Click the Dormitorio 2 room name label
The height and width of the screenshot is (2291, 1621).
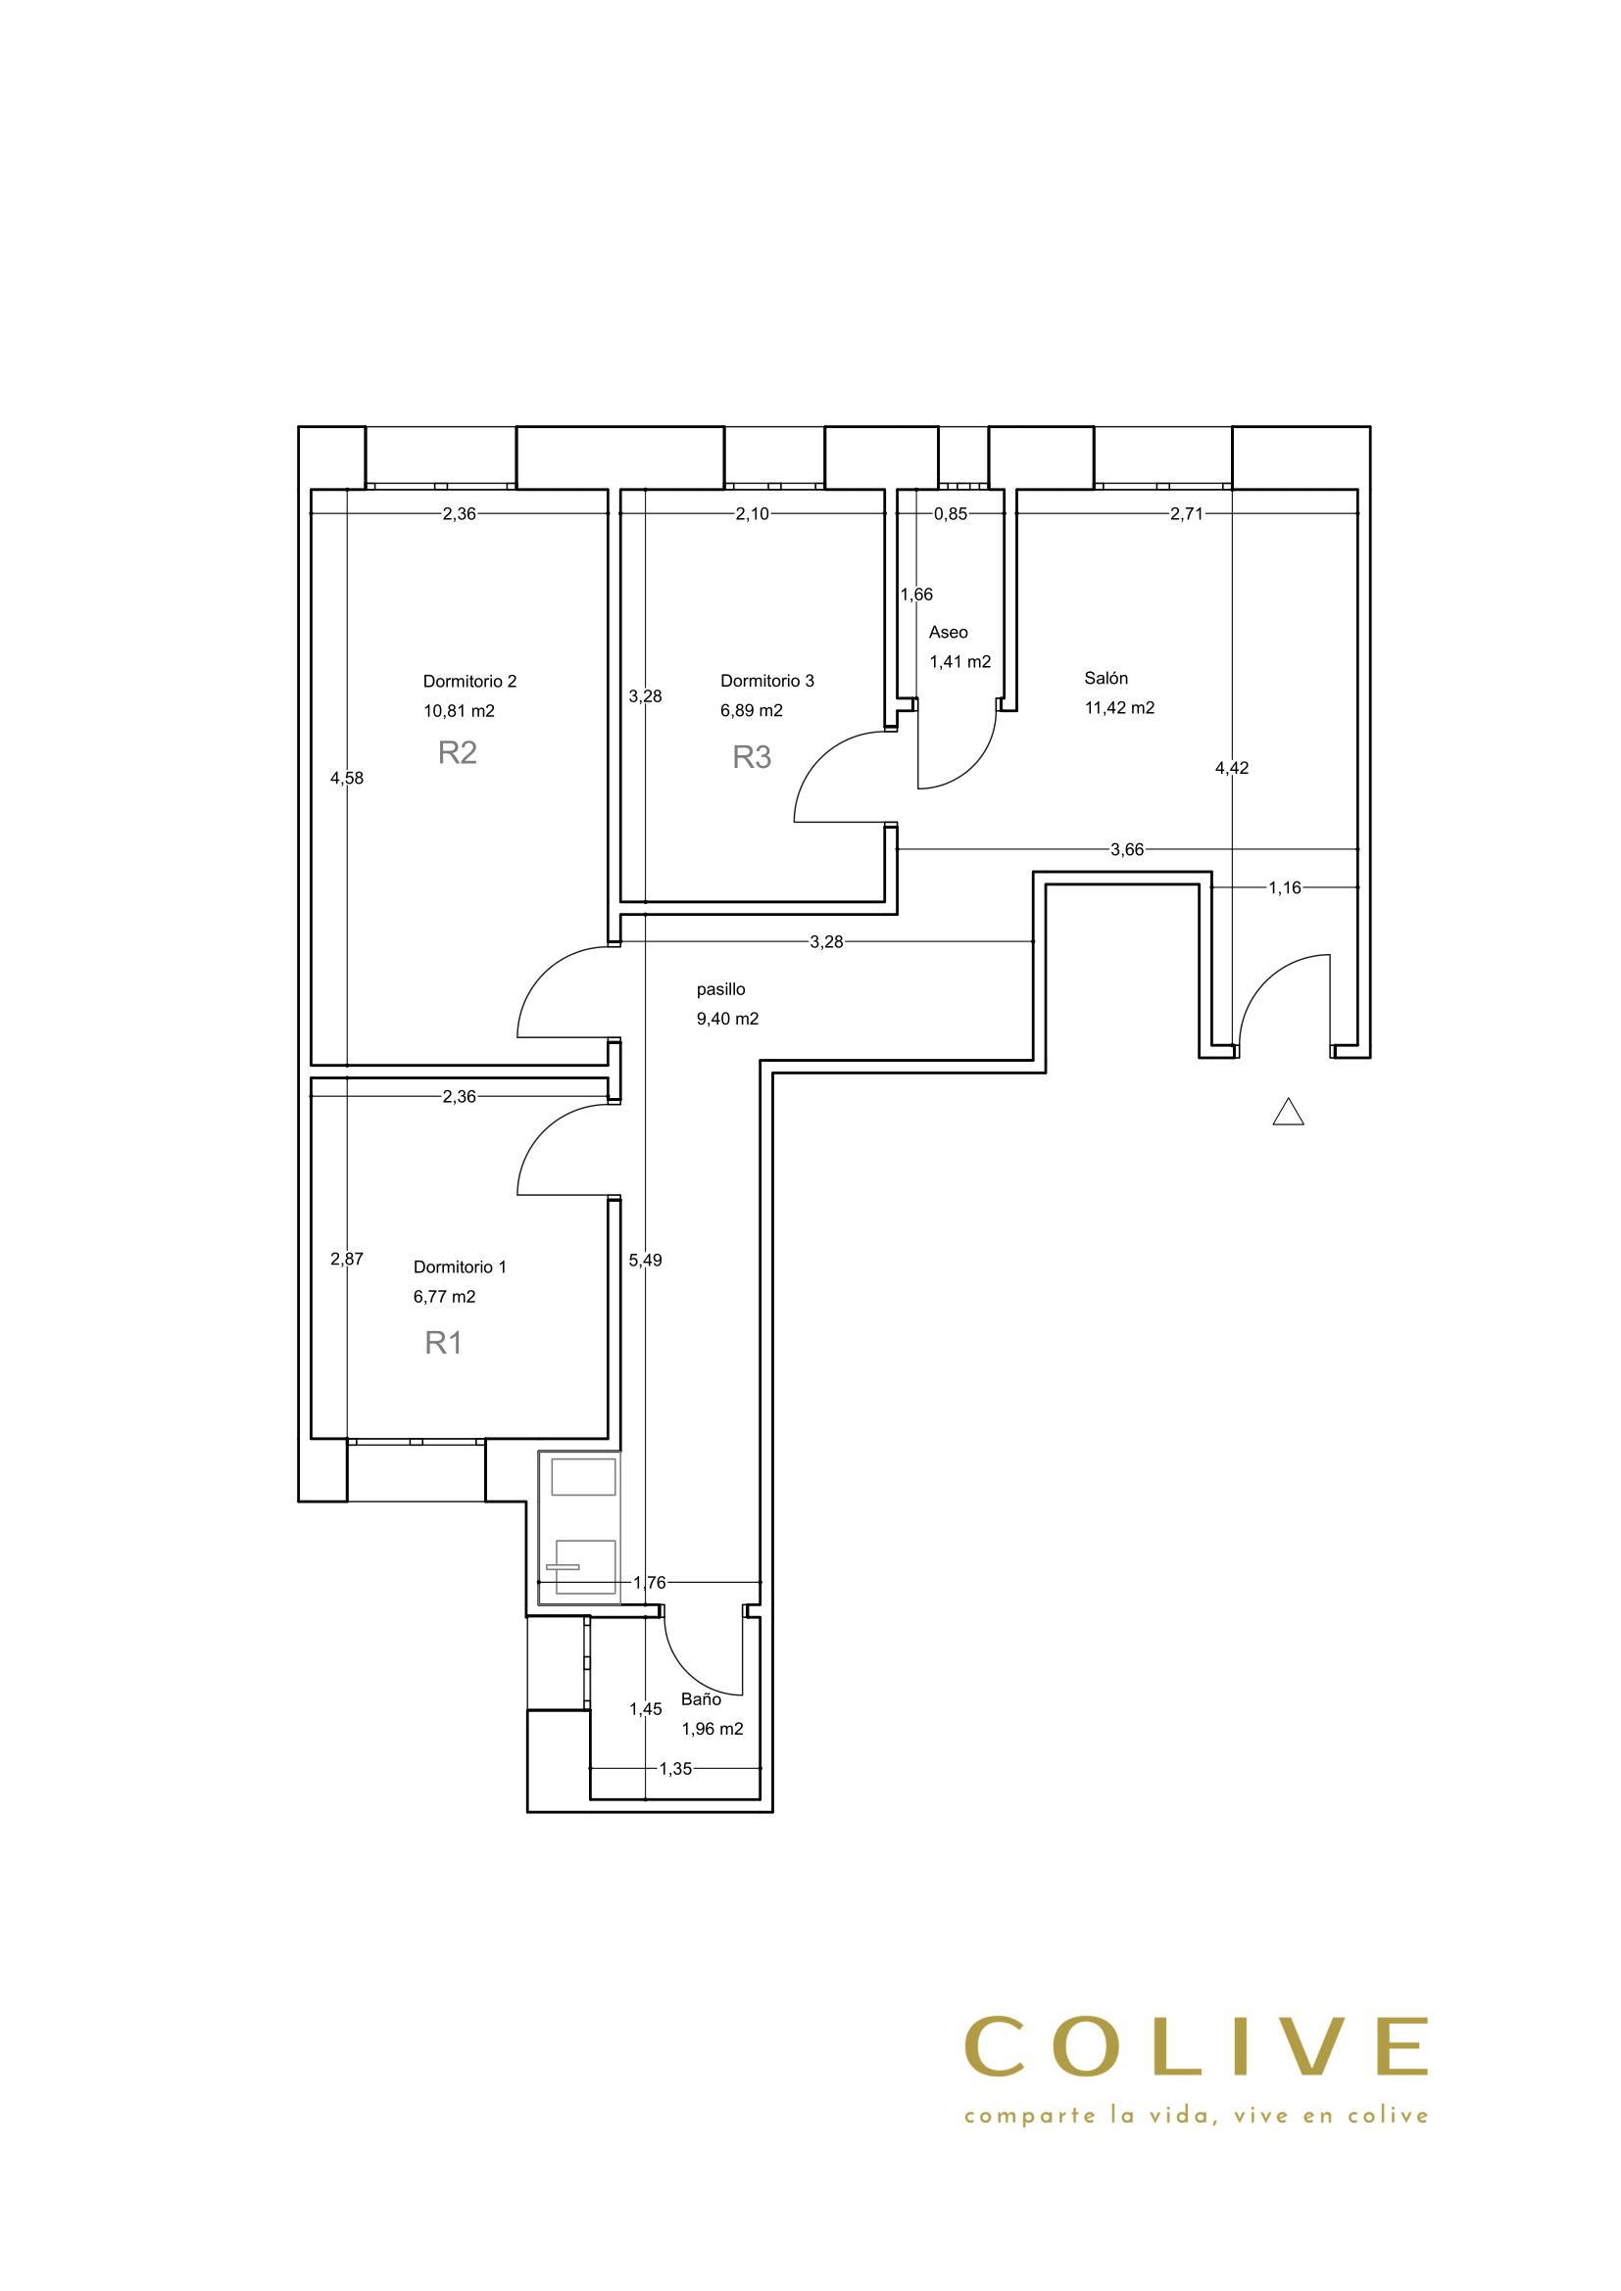click(469, 682)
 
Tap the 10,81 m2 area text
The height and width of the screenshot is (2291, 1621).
click(459, 711)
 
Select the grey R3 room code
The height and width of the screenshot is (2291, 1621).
click(752, 757)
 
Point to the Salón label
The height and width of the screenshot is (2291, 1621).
click(1105, 679)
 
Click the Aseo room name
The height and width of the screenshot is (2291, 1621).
click(949, 633)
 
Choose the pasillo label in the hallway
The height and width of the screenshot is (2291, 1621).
click(720, 990)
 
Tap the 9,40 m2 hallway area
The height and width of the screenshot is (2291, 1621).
click(727, 1019)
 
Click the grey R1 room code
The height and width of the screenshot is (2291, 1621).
click(443, 1343)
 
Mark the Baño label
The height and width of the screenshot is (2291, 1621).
click(701, 1699)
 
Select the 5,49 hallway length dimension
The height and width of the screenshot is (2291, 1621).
click(646, 1261)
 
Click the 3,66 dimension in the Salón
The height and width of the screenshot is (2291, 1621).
click(1127, 850)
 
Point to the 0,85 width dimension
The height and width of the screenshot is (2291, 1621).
click(951, 515)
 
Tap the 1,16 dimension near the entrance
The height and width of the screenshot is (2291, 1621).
click(1285, 888)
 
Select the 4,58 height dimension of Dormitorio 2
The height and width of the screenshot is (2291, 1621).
click(347, 779)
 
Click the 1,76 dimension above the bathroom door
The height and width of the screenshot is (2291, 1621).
click(650, 1582)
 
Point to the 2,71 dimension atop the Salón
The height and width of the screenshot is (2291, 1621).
click(1187, 515)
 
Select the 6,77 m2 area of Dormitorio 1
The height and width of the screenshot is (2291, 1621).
click(444, 1297)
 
